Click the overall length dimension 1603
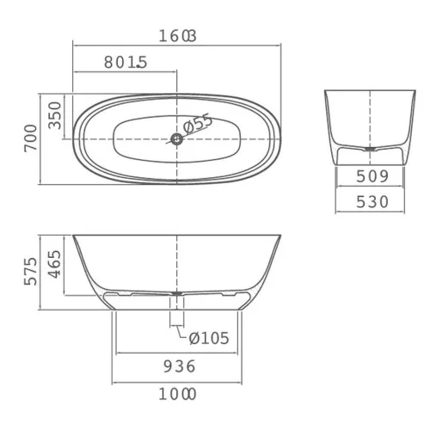pos(177,36)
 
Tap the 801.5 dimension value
pos(126,62)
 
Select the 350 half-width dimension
pos(55,115)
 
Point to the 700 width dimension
pos(31,138)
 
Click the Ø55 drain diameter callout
pos(198,124)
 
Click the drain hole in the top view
pos(177,139)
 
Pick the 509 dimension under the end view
pos(372,176)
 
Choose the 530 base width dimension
pos(372,202)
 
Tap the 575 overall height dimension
pos(31,271)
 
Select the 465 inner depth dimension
pos(55,264)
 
